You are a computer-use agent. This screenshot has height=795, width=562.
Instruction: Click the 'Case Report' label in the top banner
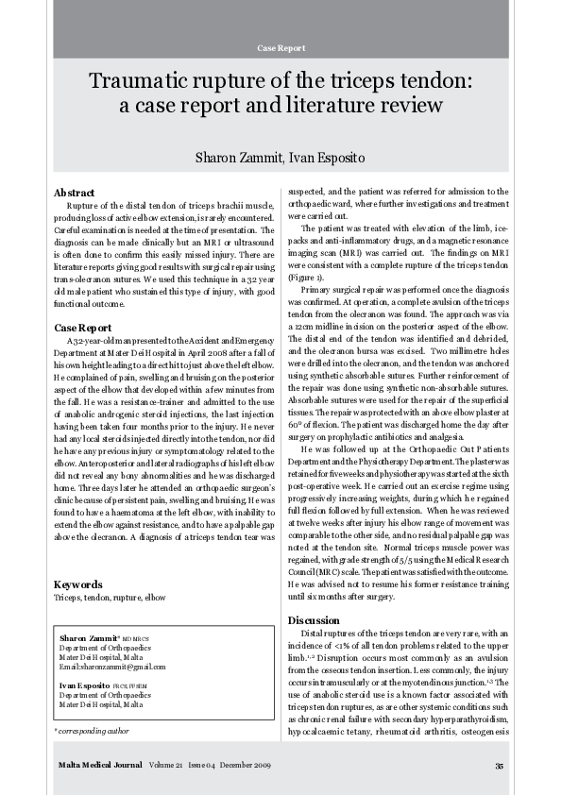click(281, 47)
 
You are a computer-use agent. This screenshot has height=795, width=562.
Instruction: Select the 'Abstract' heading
click(75, 193)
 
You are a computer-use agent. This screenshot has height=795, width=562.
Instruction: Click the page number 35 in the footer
click(499, 766)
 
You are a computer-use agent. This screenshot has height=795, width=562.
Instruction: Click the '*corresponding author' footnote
click(92, 731)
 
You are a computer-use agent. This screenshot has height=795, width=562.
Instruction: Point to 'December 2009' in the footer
click(247, 766)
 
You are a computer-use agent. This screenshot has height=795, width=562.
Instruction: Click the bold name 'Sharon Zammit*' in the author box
click(89, 639)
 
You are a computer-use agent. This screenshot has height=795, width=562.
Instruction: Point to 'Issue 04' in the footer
click(204, 766)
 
